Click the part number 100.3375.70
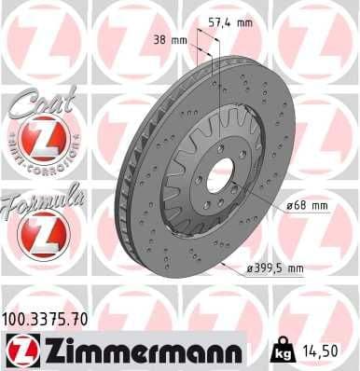(46, 320)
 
